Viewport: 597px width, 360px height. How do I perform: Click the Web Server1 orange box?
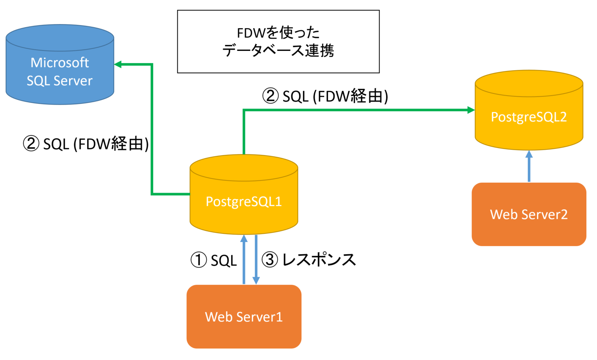coord(244,316)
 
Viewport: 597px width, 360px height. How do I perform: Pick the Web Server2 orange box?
coord(529,214)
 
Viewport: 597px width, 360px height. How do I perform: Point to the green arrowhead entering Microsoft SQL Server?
coord(118,65)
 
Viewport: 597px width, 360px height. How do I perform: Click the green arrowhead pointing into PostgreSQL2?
coord(471,110)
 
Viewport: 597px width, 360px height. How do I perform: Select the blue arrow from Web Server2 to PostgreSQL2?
coord(529,166)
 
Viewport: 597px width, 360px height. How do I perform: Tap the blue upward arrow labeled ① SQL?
coord(244,260)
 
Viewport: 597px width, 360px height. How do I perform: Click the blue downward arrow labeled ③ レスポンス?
coord(256,260)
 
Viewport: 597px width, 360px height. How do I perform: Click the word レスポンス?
coord(319,260)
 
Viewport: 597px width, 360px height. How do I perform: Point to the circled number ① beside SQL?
coord(199,260)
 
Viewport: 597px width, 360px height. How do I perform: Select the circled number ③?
coord(270,260)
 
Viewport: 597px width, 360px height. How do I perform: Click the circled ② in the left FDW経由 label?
coord(31,144)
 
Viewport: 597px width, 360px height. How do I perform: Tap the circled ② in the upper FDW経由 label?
coord(271,96)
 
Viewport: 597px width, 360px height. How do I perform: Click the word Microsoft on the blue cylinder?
coord(60,62)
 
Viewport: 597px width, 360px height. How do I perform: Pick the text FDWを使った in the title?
coord(278,33)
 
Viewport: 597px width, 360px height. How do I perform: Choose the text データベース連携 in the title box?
coord(278,50)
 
